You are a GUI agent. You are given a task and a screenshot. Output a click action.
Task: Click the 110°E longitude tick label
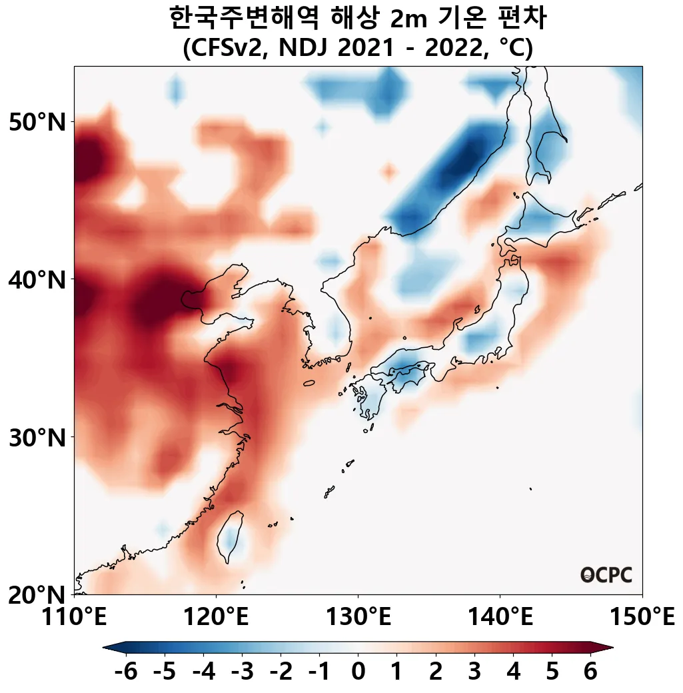[x=74, y=617]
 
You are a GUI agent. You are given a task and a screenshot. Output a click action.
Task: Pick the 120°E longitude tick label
[x=216, y=617]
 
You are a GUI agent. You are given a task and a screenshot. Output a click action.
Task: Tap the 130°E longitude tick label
[x=358, y=617]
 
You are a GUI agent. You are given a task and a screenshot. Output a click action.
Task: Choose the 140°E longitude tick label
[x=500, y=617]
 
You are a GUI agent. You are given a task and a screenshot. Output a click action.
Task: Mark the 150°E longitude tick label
[x=642, y=617]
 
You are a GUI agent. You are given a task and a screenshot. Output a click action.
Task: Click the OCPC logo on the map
[x=606, y=575]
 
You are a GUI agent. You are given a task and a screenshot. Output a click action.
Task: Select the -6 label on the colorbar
[x=125, y=672]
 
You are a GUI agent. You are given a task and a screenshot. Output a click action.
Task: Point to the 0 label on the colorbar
[x=358, y=672]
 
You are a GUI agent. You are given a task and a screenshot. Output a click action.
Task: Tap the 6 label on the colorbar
[x=590, y=672]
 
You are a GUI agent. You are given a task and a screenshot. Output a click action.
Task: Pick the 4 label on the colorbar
[x=513, y=672]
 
